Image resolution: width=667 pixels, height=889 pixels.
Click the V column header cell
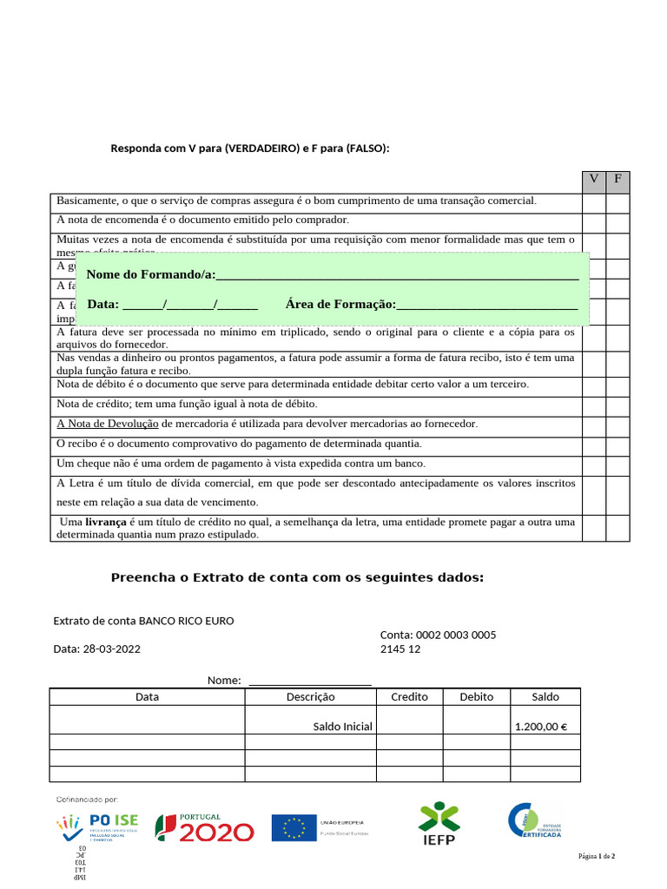click(x=594, y=181)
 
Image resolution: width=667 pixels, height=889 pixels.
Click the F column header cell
click(x=617, y=181)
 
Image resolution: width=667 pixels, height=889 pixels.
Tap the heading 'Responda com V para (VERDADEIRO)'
click(x=250, y=148)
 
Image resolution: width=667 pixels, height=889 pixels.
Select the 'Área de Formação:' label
click(x=340, y=304)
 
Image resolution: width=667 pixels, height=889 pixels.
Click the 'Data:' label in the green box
click(x=103, y=304)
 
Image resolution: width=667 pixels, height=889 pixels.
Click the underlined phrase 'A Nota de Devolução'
click(x=108, y=424)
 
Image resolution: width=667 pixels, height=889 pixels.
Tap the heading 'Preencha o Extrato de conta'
click(x=297, y=578)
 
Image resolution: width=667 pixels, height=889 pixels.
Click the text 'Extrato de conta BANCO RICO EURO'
click(x=144, y=621)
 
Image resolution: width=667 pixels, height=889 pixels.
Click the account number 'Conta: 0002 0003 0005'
click(x=438, y=635)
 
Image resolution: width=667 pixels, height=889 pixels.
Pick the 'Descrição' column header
click(x=310, y=696)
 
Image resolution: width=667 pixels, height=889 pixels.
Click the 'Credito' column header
click(x=409, y=696)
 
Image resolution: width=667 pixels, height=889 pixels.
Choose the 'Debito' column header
click(x=476, y=696)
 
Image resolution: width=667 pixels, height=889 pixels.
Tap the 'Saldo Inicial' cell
click(x=342, y=727)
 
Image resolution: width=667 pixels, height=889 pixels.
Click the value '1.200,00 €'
click(x=540, y=727)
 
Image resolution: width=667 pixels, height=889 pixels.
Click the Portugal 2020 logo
click(x=205, y=828)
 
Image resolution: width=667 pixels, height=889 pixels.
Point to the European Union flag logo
click(x=294, y=828)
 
